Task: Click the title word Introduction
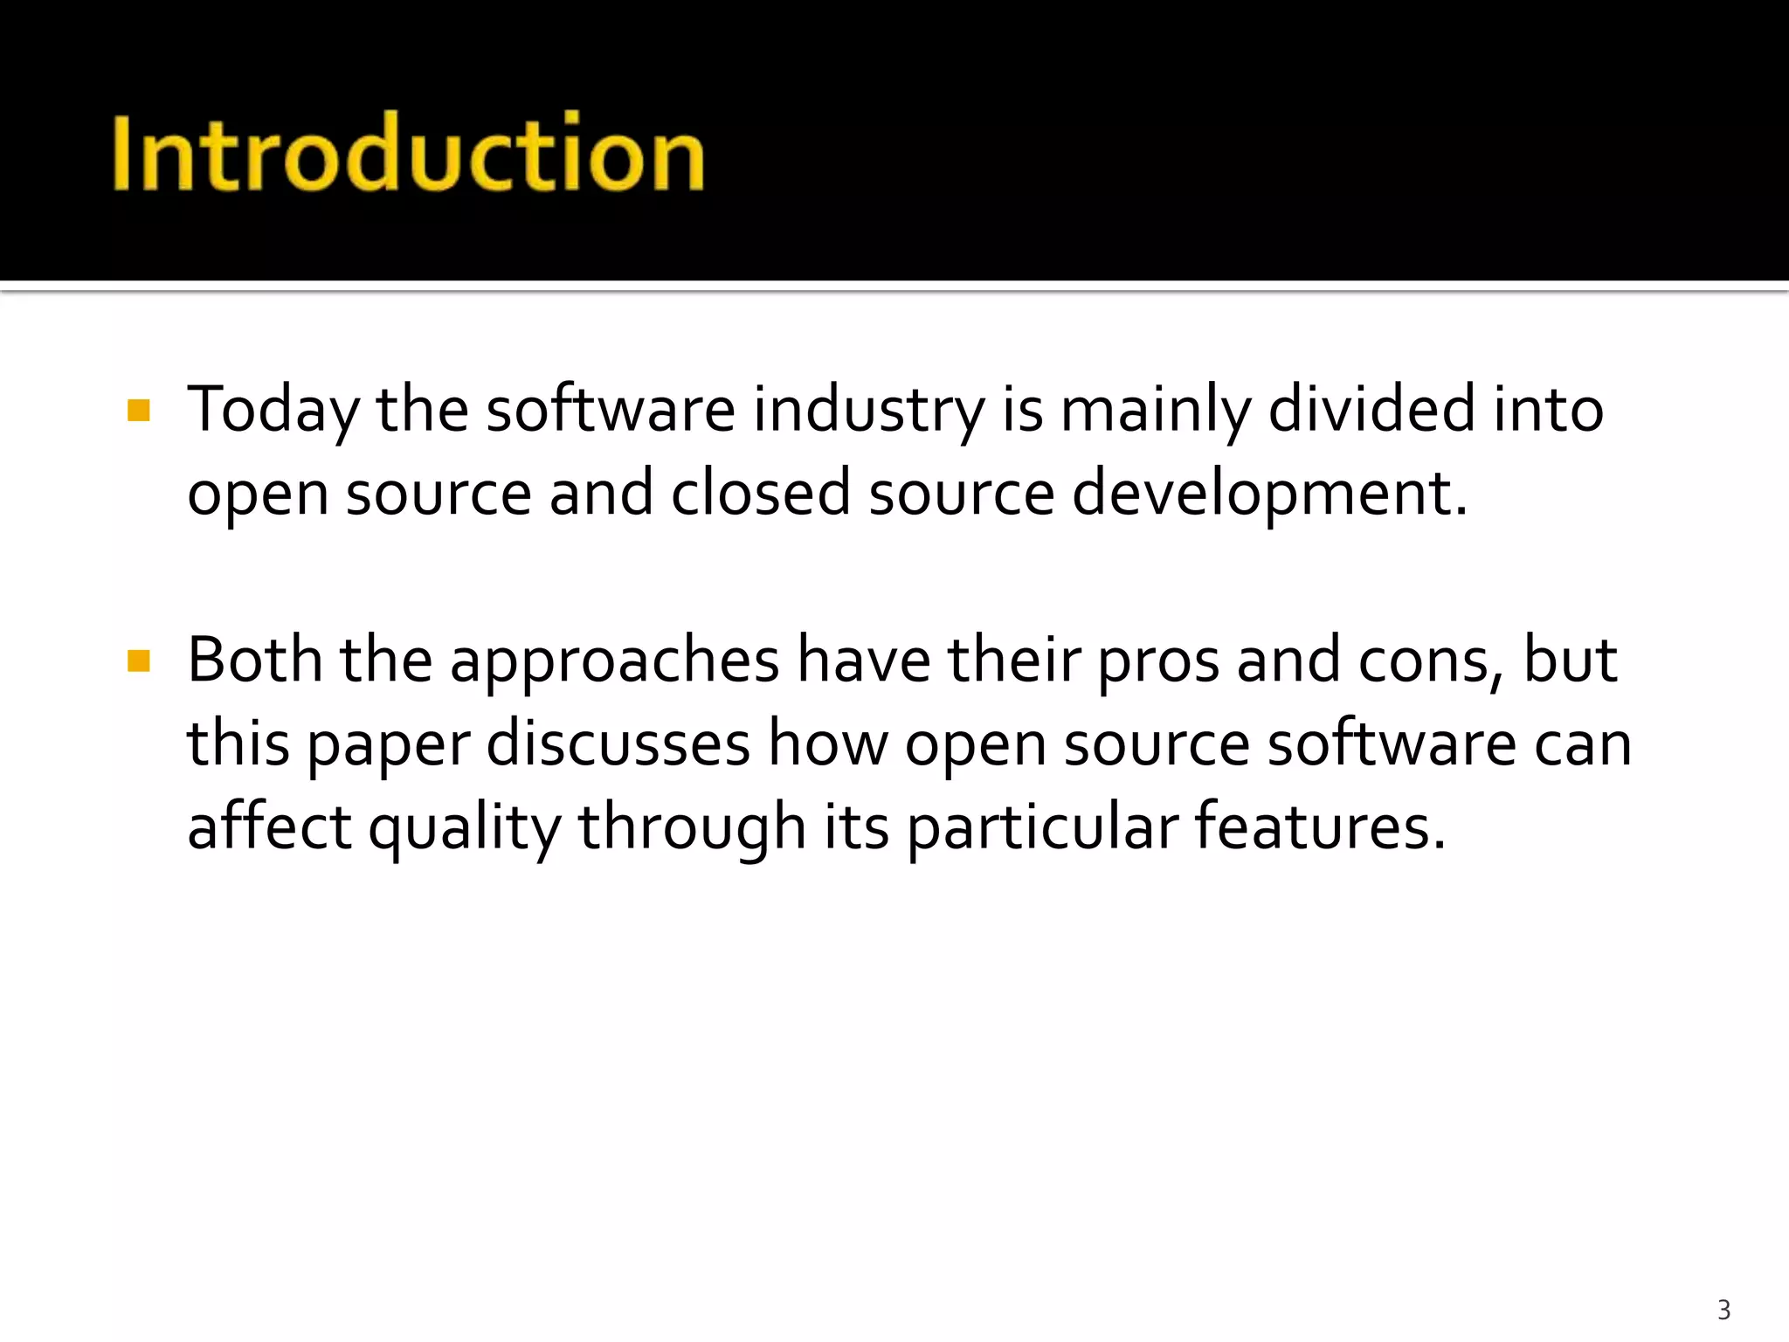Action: tap(408, 153)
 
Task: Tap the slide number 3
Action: tap(1723, 1310)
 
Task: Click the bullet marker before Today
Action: tap(139, 411)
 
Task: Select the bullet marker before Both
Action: tap(139, 661)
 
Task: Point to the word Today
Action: tap(273, 411)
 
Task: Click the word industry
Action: tap(868, 411)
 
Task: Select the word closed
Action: tap(760, 493)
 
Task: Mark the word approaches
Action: tap(614, 662)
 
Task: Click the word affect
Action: tap(269, 826)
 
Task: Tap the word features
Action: tap(1319, 826)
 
